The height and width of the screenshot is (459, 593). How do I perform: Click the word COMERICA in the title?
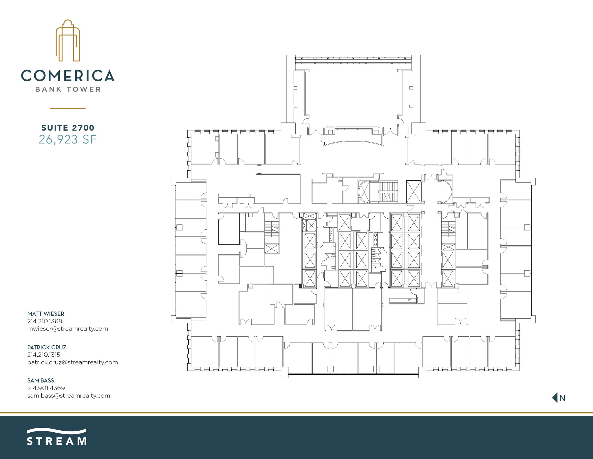click(68, 75)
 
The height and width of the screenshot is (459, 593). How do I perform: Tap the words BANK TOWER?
click(68, 89)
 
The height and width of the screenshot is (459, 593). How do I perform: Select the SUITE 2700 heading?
click(68, 128)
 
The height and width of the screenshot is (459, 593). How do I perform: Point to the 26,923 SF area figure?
click(68, 139)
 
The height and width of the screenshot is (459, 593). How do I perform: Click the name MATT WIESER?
click(46, 314)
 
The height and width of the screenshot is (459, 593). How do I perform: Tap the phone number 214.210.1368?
click(45, 321)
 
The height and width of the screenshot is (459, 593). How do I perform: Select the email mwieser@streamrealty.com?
click(67, 329)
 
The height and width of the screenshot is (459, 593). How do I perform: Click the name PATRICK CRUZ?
click(47, 347)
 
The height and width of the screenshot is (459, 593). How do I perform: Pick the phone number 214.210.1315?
click(44, 354)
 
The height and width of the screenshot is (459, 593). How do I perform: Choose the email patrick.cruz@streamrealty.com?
click(72, 362)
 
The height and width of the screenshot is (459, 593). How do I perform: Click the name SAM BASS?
click(41, 380)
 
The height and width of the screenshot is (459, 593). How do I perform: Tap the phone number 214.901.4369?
click(46, 388)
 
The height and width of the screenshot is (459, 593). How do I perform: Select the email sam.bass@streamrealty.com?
click(69, 395)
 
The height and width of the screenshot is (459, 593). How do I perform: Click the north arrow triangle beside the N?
click(555, 398)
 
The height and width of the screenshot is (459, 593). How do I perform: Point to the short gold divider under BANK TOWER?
click(68, 108)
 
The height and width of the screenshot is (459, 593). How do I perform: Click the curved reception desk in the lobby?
click(353, 143)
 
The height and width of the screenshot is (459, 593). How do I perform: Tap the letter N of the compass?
click(562, 398)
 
